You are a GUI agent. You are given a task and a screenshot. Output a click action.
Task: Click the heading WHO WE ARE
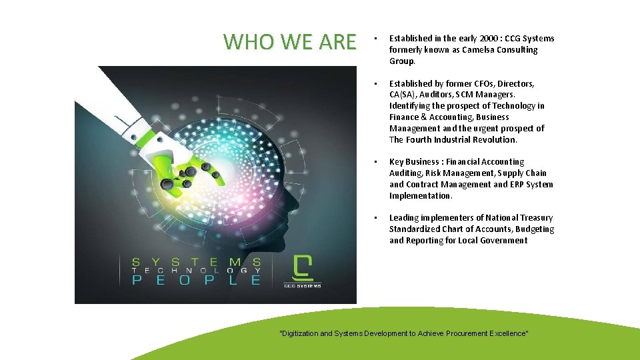pos(290,42)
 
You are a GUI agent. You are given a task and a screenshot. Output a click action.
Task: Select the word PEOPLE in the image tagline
pos(196,281)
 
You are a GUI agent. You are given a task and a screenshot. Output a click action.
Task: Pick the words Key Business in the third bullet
pos(413,162)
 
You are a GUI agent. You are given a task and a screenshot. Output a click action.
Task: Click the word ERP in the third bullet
pos(512,185)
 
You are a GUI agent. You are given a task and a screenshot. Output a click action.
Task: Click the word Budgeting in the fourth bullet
pos(535,229)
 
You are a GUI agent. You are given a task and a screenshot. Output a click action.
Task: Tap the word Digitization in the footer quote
pos(299,333)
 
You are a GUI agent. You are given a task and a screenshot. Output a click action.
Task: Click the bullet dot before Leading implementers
pos(376,218)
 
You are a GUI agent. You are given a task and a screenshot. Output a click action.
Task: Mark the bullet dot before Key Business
pos(376,162)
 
